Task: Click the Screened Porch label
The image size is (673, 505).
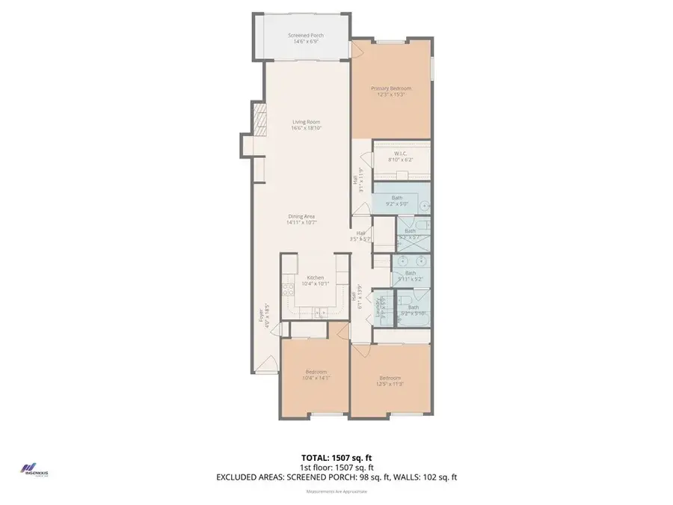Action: (x=305, y=38)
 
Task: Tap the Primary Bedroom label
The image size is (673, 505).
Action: (x=392, y=91)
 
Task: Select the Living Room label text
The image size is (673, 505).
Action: (x=305, y=125)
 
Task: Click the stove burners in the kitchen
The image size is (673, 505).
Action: (x=287, y=289)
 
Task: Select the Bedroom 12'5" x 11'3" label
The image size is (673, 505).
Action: (x=390, y=380)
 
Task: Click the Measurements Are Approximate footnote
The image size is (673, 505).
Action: (x=336, y=491)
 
